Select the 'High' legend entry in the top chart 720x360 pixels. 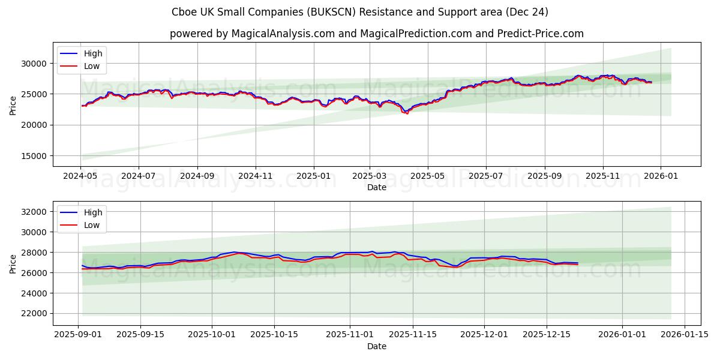93,53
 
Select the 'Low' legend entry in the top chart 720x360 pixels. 92,67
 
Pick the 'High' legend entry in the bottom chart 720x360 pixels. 93,212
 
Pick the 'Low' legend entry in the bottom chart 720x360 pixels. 92,226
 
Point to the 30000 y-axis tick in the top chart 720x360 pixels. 33,64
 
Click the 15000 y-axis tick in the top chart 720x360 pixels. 33,156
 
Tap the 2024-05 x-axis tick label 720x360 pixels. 80,177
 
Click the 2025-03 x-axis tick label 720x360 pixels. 369,177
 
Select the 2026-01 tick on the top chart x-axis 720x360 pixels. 661,177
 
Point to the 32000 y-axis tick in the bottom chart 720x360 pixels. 33,212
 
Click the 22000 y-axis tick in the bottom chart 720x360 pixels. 33,314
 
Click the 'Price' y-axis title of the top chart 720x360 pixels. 13,104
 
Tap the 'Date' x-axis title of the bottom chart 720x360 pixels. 376,346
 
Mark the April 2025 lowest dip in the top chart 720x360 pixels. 407,113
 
